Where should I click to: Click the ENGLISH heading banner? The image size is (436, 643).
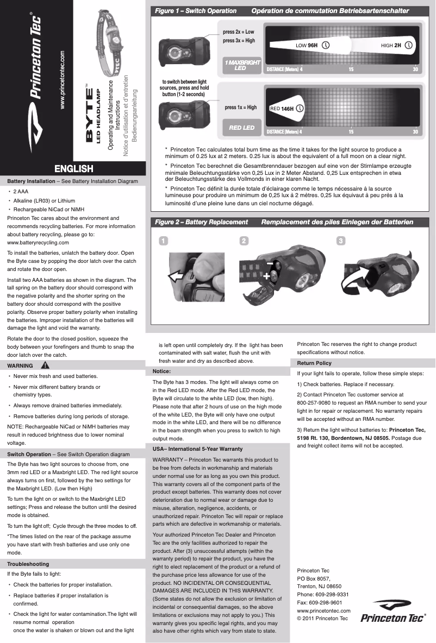tap(73, 169)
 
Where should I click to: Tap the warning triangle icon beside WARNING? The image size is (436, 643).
tap(45, 365)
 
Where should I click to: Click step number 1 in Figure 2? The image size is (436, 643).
tap(163, 241)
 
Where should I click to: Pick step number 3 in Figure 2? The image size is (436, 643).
tap(341, 241)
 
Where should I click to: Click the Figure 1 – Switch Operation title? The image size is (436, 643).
tap(196, 11)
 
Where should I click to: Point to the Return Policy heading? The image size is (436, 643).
tap(314, 363)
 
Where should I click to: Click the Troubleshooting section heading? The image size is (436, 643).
tap(28, 564)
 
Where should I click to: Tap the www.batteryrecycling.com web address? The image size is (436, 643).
tap(38, 242)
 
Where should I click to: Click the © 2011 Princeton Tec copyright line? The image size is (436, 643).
tap(322, 618)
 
